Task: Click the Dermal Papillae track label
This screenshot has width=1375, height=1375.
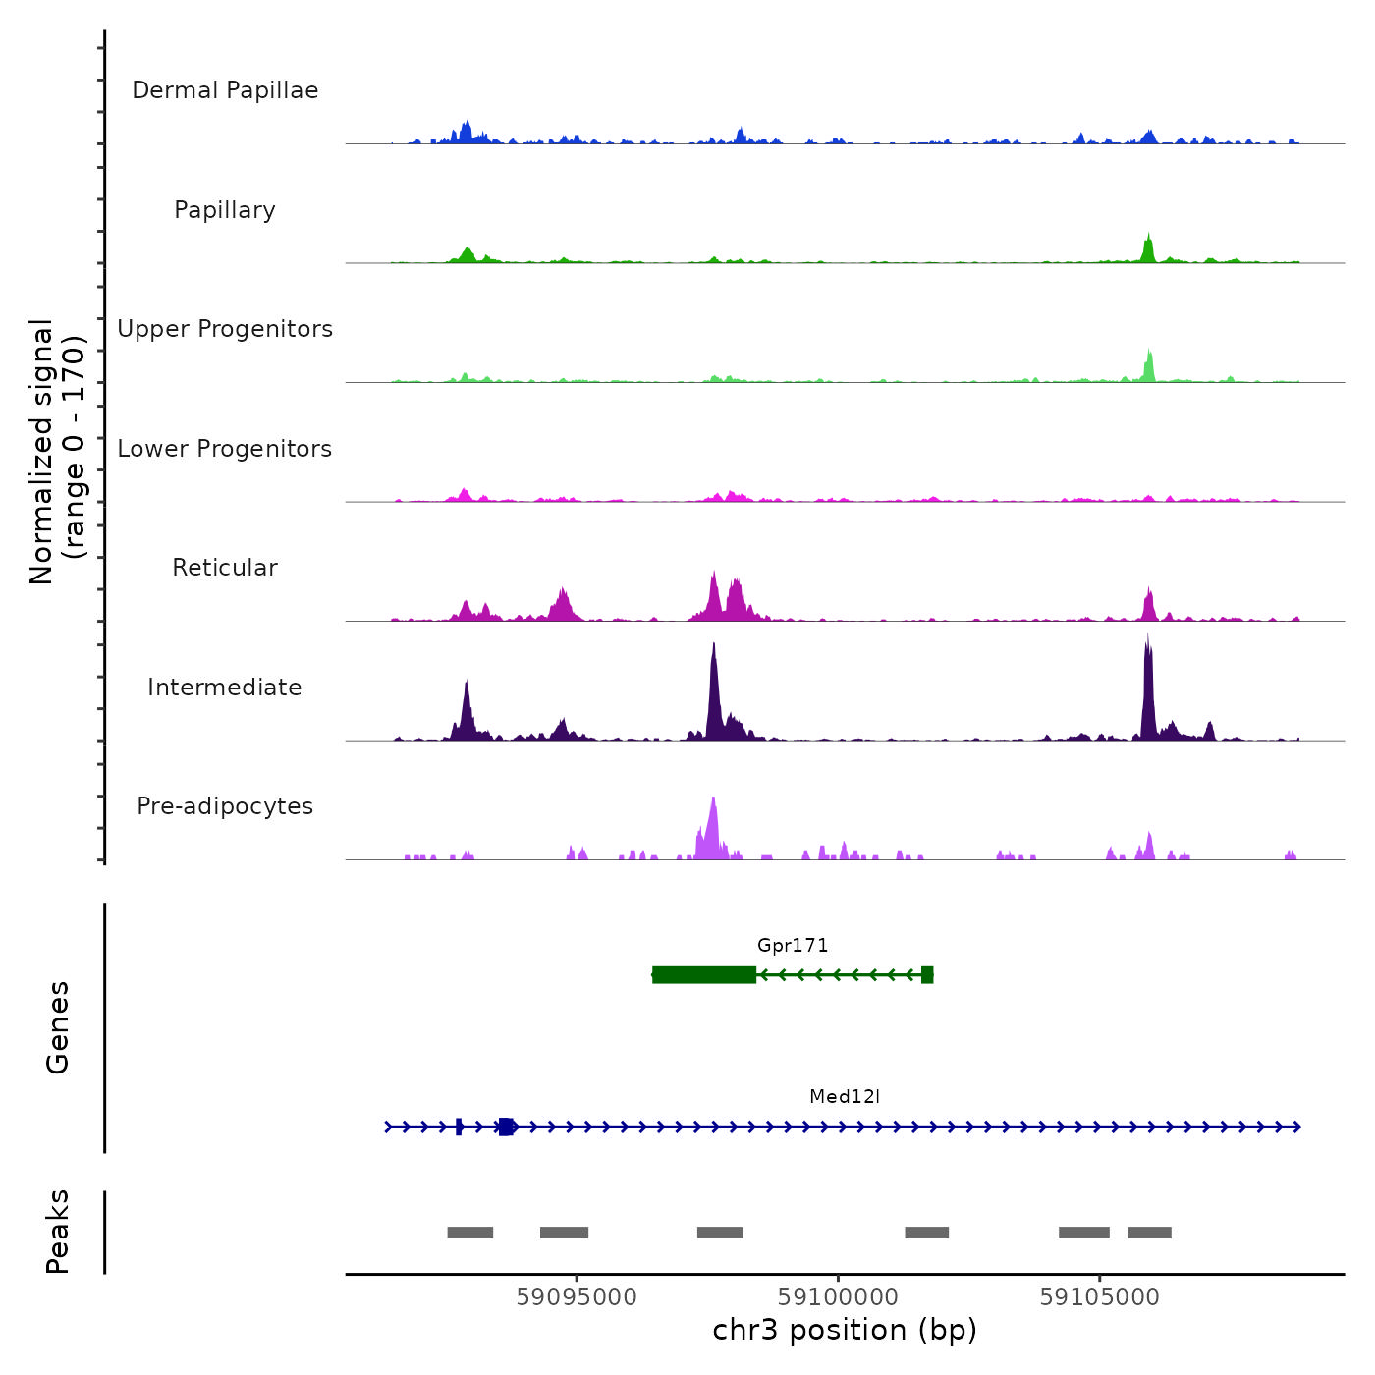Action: point(225,90)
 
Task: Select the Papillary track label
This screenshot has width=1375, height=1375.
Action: point(225,210)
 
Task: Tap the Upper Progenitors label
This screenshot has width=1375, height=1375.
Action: point(225,329)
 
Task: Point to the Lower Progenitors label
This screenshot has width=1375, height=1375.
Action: point(225,449)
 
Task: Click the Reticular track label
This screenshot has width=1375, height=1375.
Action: point(225,568)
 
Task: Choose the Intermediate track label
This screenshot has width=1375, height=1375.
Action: point(225,687)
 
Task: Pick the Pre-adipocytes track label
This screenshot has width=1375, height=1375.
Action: point(225,806)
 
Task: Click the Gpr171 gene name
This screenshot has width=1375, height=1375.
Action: point(793,946)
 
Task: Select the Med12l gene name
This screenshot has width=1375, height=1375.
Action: point(845,1097)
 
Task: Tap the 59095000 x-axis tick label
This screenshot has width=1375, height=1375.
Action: point(577,1297)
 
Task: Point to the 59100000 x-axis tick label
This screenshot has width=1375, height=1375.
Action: point(839,1297)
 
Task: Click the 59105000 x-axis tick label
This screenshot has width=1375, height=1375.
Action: point(1100,1297)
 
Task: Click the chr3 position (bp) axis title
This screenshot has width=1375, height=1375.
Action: point(845,1330)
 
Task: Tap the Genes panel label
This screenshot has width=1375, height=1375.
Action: point(58,1027)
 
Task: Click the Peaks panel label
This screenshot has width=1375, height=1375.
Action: point(58,1232)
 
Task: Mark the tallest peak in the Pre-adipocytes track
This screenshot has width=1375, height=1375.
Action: point(713,801)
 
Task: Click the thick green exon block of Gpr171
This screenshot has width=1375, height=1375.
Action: point(704,975)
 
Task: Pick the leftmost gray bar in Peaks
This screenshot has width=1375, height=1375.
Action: point(470,1233)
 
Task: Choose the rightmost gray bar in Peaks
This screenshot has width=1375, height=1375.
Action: point(1149,1233)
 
